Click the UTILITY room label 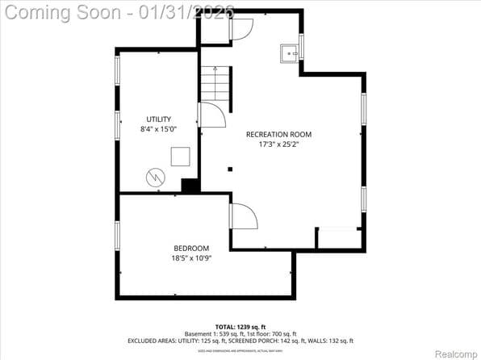point(158,119)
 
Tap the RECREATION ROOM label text point(278,135)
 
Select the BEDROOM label point(191,248)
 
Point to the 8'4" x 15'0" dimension point(158,129)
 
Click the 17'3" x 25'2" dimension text point(278,145)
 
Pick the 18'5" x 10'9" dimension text point(191,258)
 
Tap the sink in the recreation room point(290,53)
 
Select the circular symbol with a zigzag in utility point(154,177)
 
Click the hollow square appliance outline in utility point(181,157)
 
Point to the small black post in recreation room point(230,170)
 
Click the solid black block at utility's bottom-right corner point(190,186)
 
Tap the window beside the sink point(301,46)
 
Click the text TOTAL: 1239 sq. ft point(240,325)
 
